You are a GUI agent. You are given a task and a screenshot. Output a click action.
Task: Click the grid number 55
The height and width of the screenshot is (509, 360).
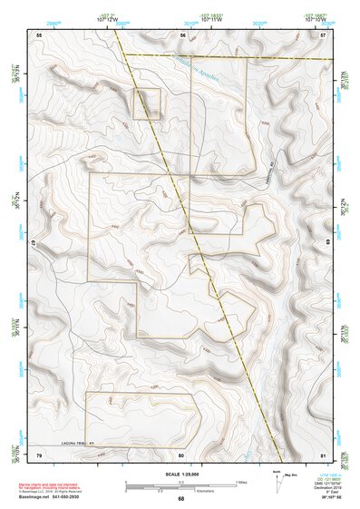pos(39,34)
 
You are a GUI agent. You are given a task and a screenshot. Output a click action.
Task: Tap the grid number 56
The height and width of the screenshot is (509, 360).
pos(182,34)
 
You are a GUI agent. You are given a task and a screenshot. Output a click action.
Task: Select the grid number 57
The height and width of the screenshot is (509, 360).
pos(323,34)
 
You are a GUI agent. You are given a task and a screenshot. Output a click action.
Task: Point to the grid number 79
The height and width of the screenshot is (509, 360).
pos(39,453)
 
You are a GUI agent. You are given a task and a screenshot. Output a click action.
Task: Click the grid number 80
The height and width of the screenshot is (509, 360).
pos(181,453)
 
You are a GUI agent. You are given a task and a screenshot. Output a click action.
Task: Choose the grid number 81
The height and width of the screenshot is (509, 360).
pos(323,453)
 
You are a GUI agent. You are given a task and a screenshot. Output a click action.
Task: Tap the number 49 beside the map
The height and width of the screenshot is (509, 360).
pos(32,244)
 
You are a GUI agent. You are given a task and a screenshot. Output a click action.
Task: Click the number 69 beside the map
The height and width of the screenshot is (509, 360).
pos(329,244)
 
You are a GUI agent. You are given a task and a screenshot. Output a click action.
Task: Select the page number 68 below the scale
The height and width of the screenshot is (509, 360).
pos(180,498)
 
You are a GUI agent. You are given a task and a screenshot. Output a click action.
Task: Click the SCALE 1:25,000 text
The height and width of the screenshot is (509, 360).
pos(180,475)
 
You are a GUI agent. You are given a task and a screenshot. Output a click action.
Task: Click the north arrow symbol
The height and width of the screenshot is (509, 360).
pos(276,482)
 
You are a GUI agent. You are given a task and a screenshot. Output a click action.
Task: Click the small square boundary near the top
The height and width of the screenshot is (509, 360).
pos(147,103)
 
